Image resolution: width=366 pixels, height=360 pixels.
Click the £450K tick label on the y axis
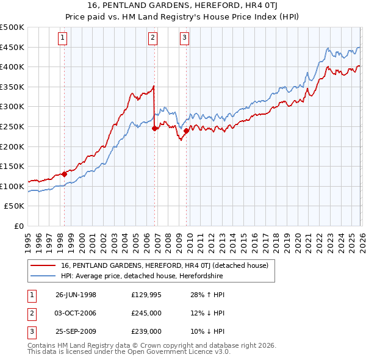12,47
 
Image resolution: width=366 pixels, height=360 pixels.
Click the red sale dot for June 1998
64,174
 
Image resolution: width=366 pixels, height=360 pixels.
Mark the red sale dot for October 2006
154,128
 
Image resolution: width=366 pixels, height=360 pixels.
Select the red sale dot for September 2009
186,131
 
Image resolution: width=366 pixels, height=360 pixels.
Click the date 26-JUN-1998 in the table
76,295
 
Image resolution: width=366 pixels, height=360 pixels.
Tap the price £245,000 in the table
146,313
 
